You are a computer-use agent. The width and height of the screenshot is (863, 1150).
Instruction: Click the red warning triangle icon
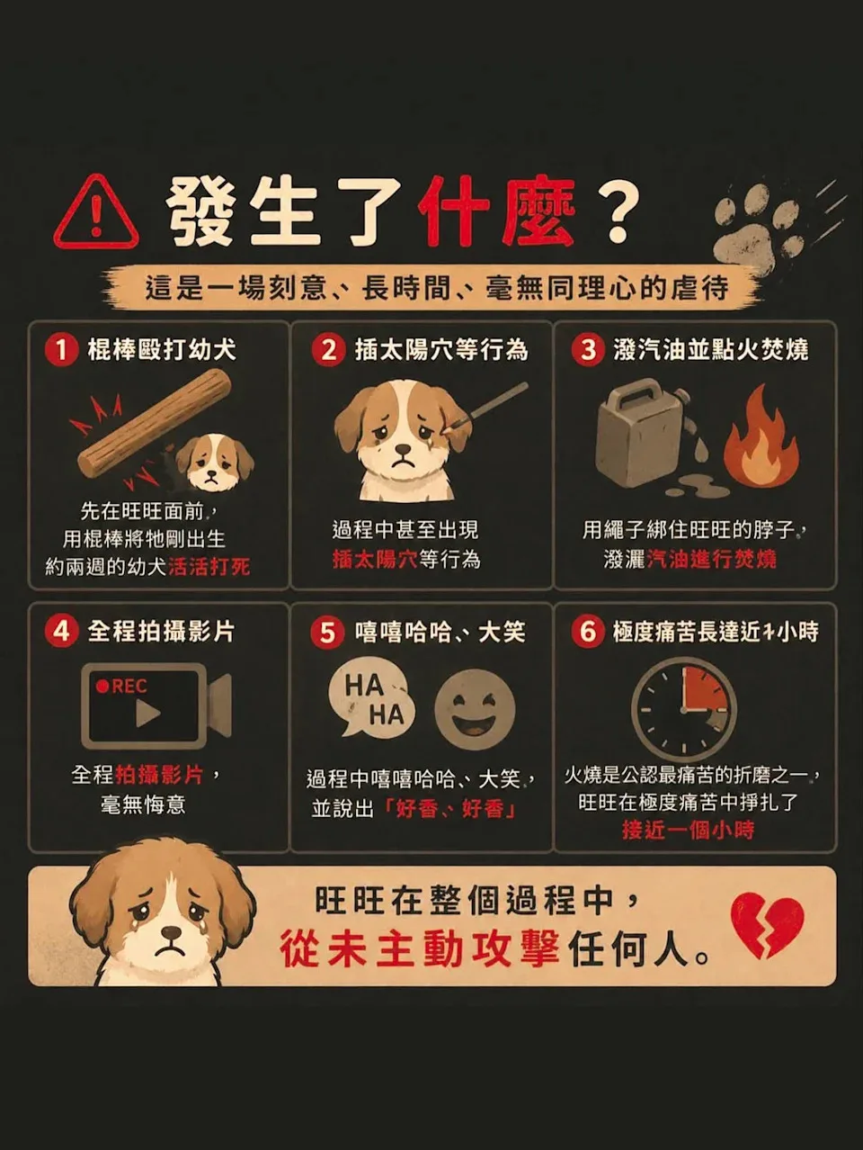tap(96, 214)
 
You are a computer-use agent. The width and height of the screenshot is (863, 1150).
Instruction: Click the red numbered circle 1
tap(61, 350)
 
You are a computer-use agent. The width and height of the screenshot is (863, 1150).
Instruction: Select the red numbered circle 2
tap(329, 350)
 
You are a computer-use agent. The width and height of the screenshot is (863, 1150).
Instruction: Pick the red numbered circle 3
tap(588, 350)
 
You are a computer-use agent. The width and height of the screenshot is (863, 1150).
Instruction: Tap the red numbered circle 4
tap(61, 632)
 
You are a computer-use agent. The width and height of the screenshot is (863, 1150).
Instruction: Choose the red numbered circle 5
tap(327, 633)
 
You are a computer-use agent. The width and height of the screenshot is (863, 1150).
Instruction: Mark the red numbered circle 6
tap(587, 632)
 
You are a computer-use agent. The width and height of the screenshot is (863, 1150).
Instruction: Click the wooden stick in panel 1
tap(154, 425)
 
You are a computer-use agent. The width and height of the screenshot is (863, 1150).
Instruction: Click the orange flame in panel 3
tap(761, 438)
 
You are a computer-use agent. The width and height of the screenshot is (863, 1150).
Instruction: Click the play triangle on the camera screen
tap(147, 714)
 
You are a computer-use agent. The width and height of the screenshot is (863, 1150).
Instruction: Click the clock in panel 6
tap(683, 711)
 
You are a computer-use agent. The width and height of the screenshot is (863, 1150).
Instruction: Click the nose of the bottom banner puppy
tap(171, 933)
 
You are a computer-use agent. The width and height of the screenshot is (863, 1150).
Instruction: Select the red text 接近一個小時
tap(689, 830)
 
